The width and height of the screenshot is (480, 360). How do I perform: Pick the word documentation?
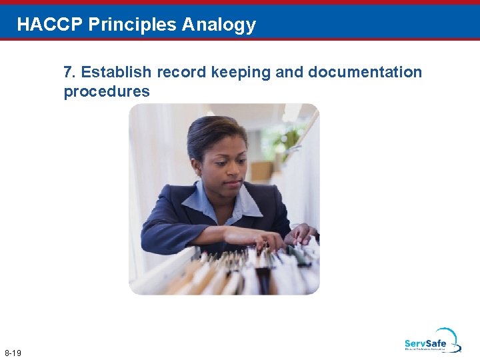[x=365, y=72]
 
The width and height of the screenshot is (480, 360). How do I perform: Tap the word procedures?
[x=107, y=91]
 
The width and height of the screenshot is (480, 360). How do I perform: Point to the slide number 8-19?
[x=13, y=353]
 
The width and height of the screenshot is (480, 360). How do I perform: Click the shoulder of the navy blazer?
[x=167, y=207]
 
